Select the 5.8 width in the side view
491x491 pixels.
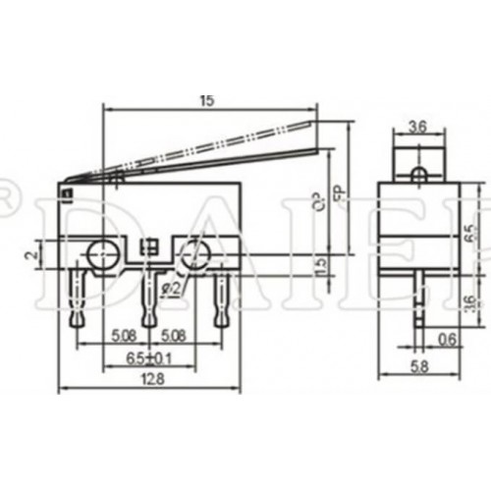point(420,368)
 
